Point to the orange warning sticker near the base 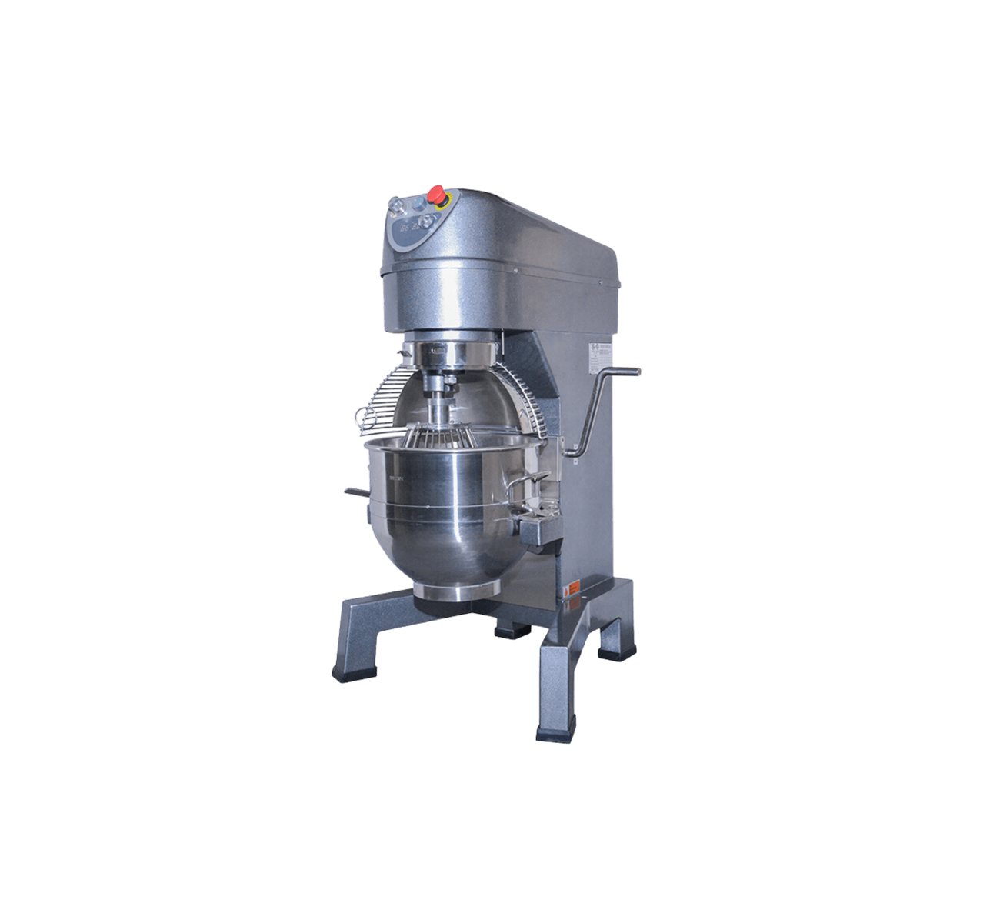[x=571, y=591]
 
